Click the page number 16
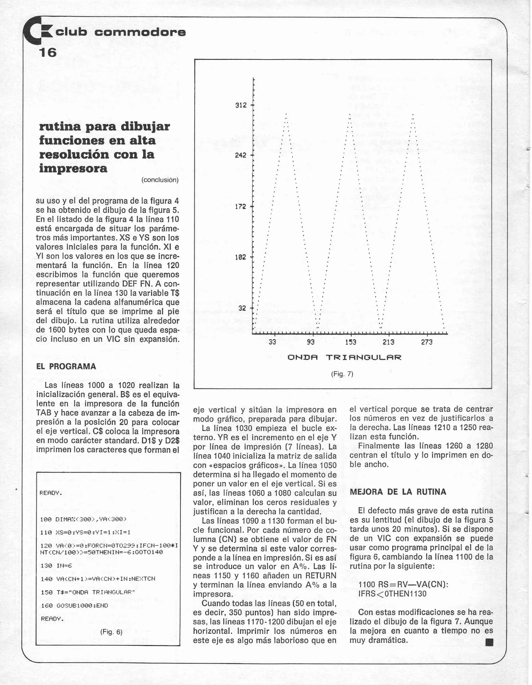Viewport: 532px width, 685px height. click(x=48, y=52)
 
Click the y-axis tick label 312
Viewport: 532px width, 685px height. click(x=241, y=105)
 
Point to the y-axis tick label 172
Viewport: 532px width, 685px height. click(x=241, y=207)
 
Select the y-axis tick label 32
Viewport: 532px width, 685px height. click(x=242, y=308)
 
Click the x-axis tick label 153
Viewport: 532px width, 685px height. click(x=351, y=342)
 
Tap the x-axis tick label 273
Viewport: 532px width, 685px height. click(x=427, y=342)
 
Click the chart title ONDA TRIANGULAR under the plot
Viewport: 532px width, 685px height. click(x=344, y=357)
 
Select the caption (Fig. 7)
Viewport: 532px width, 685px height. click(x=342, y=374)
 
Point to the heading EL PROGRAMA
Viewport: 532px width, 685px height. click(x=66, y=367)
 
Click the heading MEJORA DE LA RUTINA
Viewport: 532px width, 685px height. click(x=398, y=492)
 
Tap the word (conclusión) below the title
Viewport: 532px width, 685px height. click(x=160, y=180)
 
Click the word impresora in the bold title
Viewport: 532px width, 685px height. click(x=73, y=168)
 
